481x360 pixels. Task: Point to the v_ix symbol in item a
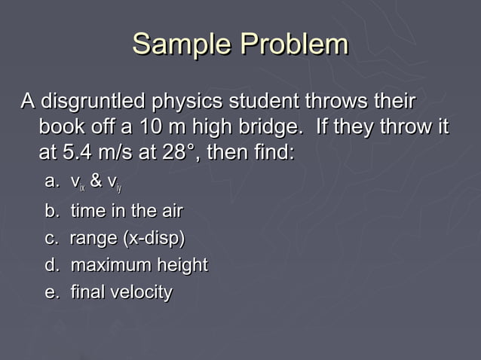coord(76,182)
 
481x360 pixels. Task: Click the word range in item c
coord(92,238)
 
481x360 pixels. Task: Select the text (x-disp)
coord(152,238)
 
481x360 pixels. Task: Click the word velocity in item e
coord(143,292)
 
